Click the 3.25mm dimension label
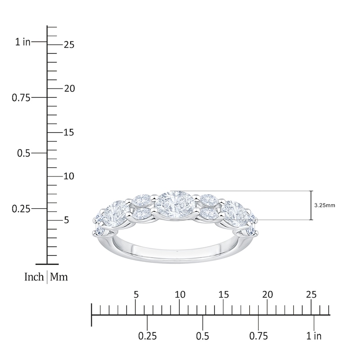[x=324, y=205]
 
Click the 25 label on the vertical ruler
[x=69, y=45]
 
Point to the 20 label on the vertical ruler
[x=69, y=89]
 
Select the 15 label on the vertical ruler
[x=69, y=132]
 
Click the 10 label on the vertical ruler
[x=69, y=176]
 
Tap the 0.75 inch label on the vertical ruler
[x=21, y=98]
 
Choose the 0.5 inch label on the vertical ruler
[x=24, y=153]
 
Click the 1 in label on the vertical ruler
[x=23, y=42]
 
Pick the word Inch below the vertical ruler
[x=34, y=277]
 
